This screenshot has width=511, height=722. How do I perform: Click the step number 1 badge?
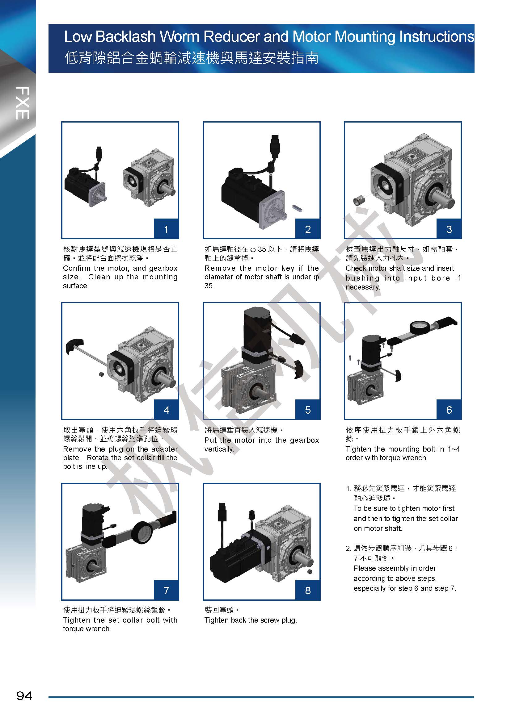click(166, 229)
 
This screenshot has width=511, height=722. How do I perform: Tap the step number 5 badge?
click(308, 409)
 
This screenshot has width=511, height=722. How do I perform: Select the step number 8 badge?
click(308, 590)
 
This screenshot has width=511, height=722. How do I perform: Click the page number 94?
click(24, 695)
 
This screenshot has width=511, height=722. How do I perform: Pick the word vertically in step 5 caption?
click(219, 449)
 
